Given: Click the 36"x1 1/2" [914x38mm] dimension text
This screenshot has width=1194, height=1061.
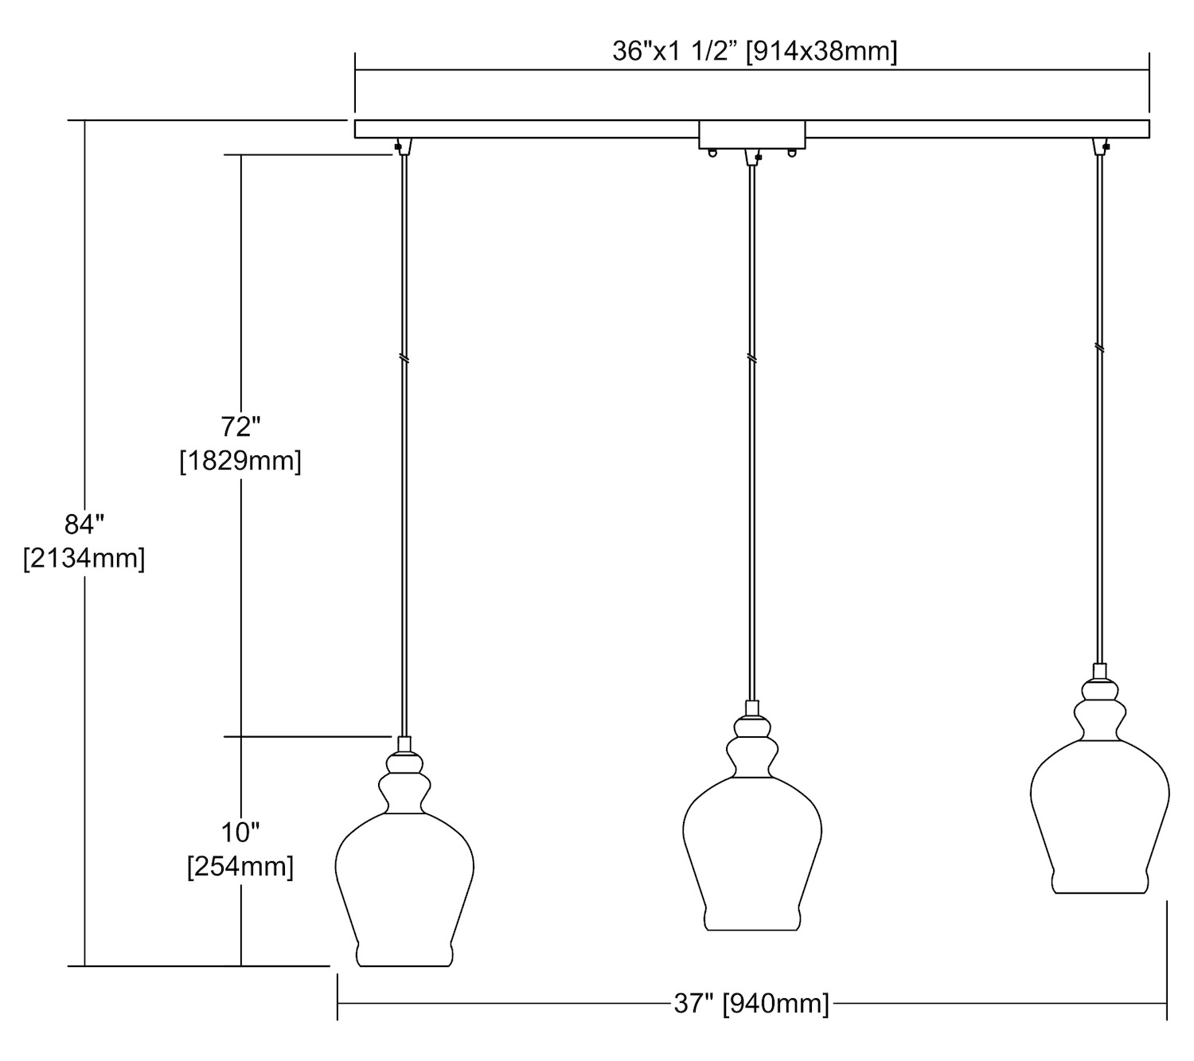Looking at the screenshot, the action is coord(755,52).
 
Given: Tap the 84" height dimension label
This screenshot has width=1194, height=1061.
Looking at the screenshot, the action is coord(84,524).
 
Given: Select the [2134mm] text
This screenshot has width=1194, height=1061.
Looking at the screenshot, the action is coord(84,558).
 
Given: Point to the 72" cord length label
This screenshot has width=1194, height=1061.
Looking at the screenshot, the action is coord(240,426).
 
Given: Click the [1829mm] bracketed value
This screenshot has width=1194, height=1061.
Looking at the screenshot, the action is coord(240,460).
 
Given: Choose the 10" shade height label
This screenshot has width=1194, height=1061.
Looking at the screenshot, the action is coord(240,833).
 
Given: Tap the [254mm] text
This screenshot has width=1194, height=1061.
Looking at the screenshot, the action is coord(240,867).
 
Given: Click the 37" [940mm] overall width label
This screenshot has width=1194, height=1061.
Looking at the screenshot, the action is coord(751,1003).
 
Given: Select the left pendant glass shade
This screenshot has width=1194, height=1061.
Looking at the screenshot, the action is coord(404,868).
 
